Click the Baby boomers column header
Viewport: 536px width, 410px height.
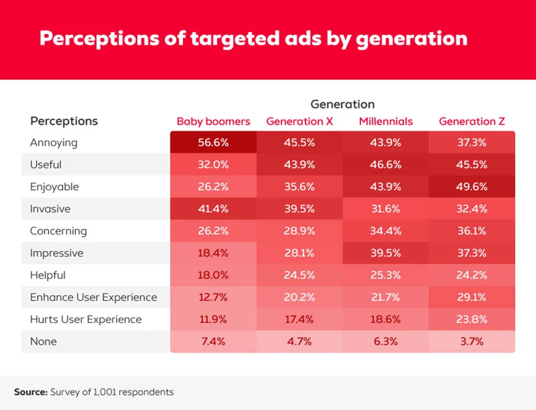coord(213,121)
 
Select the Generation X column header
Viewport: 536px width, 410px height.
coord(299,121)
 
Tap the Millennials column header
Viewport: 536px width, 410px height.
coord(386,121)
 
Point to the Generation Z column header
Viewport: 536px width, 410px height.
coord(472,121)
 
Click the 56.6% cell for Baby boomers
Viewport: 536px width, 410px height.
coord(213,143)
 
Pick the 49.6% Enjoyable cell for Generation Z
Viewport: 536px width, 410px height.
coord(472,187)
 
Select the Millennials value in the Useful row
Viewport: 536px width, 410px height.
coord(386,164)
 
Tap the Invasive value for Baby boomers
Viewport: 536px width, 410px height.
coord(213,209)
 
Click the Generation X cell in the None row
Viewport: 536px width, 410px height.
coord(299,341)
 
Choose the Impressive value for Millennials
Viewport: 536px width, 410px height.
coord(386,253)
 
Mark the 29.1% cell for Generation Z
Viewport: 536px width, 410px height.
coord(472,297)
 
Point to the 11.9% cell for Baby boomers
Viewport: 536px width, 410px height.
coord(213,319)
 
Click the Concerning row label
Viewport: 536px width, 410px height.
coord(58,231)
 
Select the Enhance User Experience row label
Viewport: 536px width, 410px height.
coord(93,297)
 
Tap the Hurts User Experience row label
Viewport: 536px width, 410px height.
coord(86,319)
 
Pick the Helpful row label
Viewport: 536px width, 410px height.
coord(48,275)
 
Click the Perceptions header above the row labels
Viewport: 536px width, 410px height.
coord(64,121)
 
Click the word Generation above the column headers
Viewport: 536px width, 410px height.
coord(343,104)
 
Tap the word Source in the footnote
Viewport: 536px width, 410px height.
coord(30,392)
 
